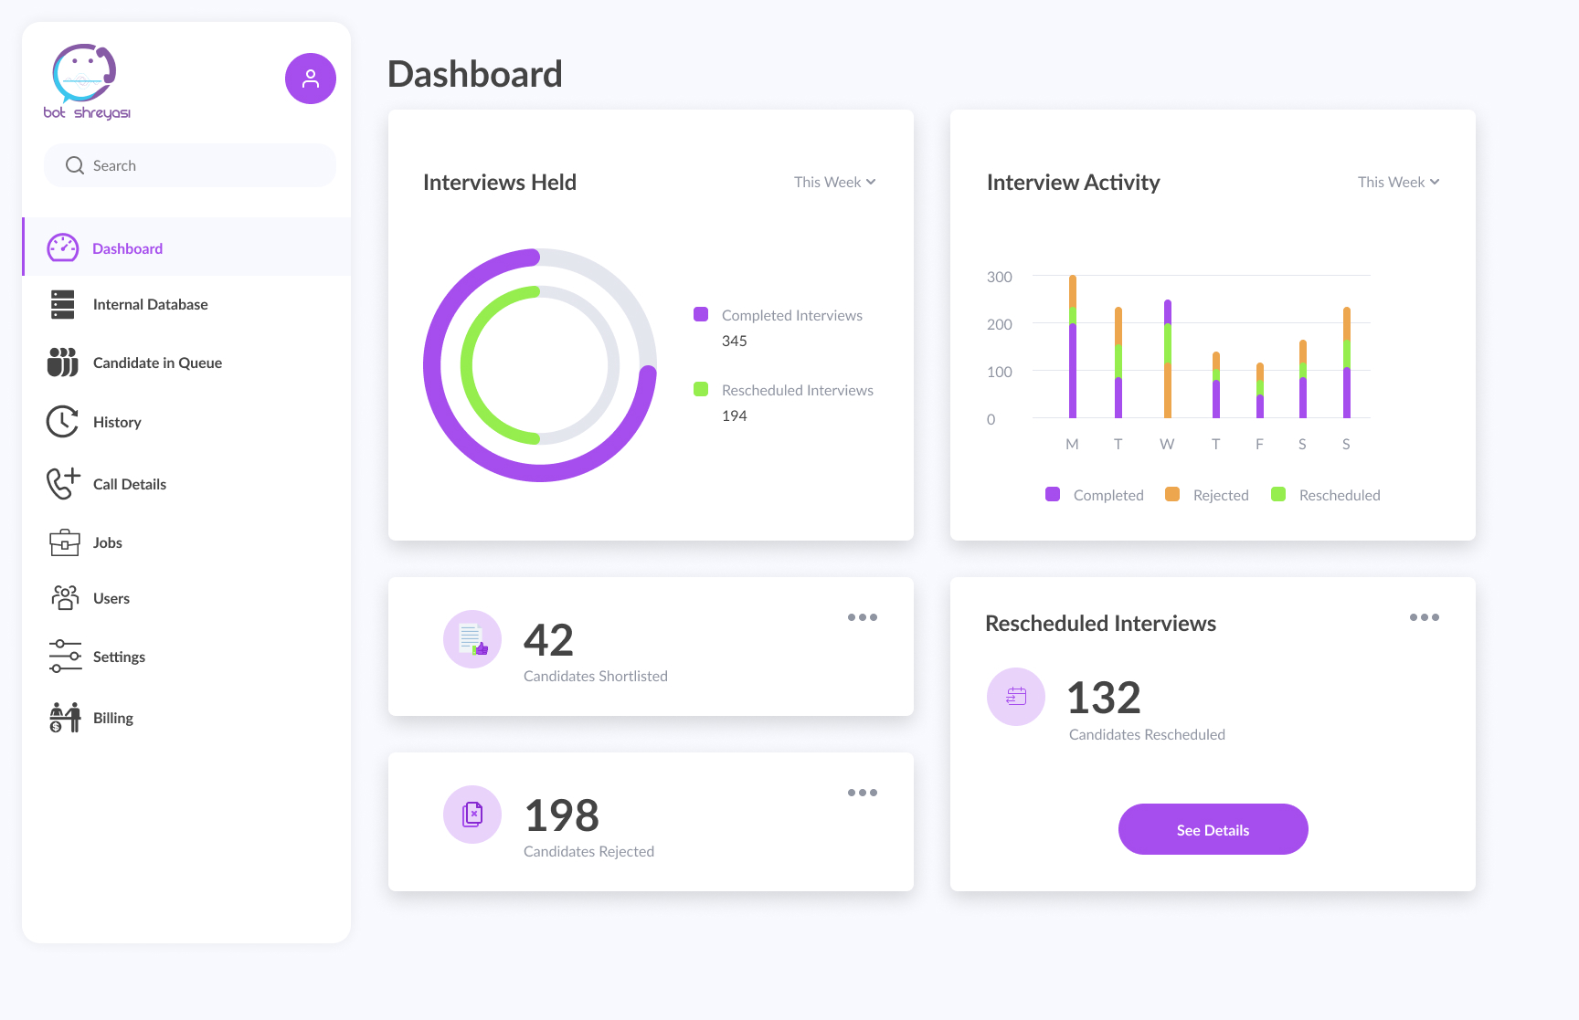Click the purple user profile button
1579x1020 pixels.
311,79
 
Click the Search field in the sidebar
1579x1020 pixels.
190,165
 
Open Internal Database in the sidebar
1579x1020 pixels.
150,304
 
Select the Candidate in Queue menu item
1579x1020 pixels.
157,363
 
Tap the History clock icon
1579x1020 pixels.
62,422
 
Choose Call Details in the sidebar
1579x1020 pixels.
129,484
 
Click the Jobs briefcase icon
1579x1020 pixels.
64,542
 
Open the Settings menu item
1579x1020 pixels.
119,657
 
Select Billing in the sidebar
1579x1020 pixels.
112,718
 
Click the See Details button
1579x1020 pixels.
1213,829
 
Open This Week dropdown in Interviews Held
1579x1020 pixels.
834,182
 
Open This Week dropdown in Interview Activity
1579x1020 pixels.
1398,182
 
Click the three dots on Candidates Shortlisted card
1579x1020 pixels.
862,617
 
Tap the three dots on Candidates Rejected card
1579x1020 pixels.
862,793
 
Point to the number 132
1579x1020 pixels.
1104,699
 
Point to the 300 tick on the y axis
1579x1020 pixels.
999,277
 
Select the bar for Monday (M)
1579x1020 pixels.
1073,347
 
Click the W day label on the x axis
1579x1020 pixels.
1167,444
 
